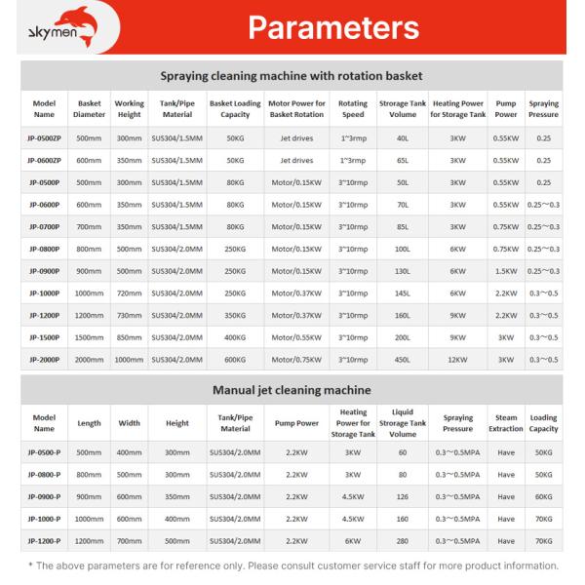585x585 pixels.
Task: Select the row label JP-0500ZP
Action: coord(45,137)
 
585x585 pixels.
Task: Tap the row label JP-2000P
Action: coord(45,359)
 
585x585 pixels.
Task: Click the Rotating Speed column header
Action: coord(352,108)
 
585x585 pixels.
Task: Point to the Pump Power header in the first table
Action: coord(505,108)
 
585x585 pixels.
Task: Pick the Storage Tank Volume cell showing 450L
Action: coord(401,359)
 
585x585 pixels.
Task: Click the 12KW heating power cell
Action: coord(457,359)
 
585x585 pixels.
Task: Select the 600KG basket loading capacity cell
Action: coord(234,359)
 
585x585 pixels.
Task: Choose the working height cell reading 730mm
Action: coord(129,315)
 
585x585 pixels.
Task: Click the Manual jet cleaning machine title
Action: coord(292,390)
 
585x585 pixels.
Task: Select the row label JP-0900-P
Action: coord(45,496)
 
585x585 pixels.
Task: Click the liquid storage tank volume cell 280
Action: coord(402,539)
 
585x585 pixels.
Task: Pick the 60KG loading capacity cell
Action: coord(543,496)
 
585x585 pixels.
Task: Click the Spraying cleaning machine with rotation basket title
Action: coord(292,75)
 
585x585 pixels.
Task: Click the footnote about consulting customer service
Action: coord(292,565)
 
